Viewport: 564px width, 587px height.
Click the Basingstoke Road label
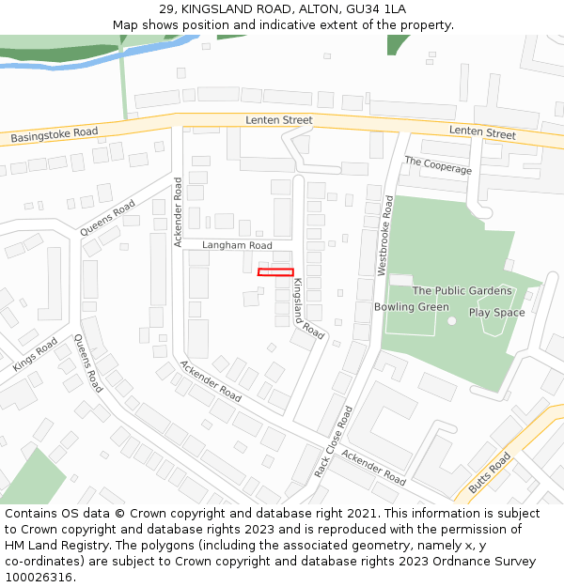[55, 135]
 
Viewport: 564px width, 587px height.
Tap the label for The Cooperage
[438, 166]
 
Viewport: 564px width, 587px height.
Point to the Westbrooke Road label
[385, 236]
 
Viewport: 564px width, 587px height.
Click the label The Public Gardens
[462, 291]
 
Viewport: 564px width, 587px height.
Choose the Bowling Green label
[412, 307]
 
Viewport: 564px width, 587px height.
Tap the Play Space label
[496, 313]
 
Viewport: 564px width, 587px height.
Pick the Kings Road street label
[35, 353]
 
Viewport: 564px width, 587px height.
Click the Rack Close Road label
[334, 441]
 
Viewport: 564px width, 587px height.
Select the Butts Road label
[489, 472]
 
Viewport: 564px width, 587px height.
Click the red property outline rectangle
[275, 272]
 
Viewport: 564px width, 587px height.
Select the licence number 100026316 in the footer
[39, 578]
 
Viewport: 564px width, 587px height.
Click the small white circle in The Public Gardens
[451, 320]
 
